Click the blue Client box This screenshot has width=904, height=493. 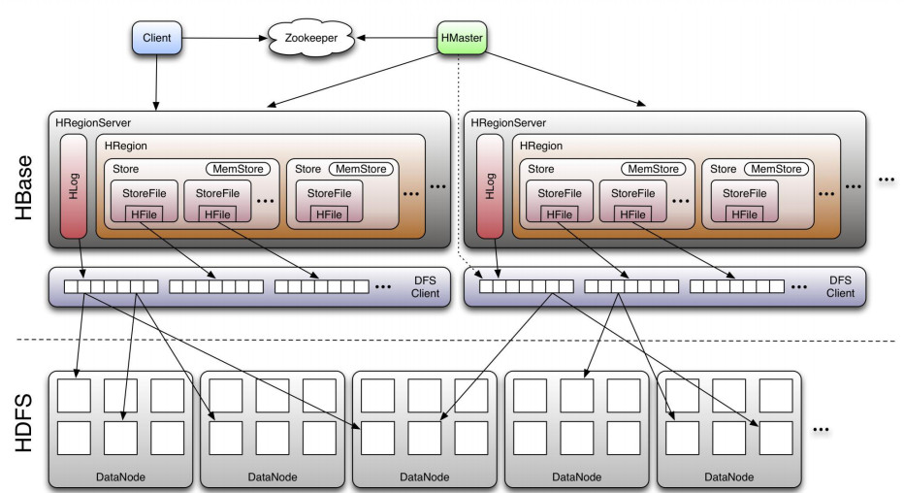156,38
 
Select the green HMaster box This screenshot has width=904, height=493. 461,38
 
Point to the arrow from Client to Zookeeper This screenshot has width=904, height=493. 223,39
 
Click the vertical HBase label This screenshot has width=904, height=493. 25,186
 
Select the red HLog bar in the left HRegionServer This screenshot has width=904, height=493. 74,186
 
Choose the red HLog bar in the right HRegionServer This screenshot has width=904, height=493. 491,186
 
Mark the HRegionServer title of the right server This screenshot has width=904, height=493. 508,123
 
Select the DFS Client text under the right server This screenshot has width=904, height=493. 840,286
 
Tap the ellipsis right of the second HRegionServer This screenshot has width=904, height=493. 886,180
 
